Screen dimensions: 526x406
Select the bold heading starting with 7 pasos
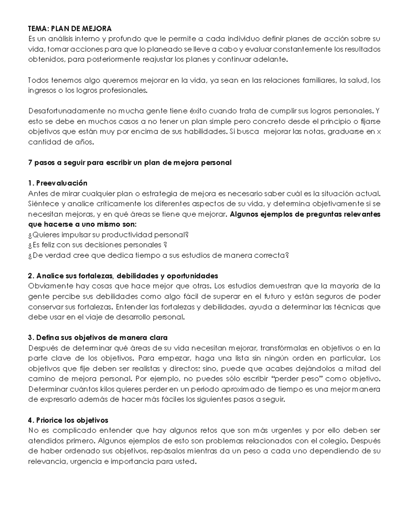(130, 163)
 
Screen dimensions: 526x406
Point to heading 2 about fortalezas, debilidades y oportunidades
(123, 276)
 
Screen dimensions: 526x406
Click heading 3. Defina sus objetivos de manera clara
(98, 338)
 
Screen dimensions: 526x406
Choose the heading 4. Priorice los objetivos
(68, 420)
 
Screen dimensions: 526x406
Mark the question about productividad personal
(108, 235)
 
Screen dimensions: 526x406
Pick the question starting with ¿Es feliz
(98, 245)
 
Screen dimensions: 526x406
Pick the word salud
(357, 80)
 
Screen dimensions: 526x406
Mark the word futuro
(273, 296)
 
